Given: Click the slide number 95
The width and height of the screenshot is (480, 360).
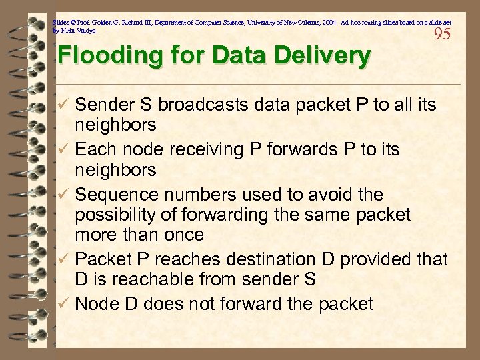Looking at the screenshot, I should (442, 33).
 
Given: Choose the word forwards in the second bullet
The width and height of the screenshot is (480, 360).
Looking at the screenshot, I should (301, 150).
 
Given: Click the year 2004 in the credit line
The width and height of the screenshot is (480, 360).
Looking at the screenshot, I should (327, 21).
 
